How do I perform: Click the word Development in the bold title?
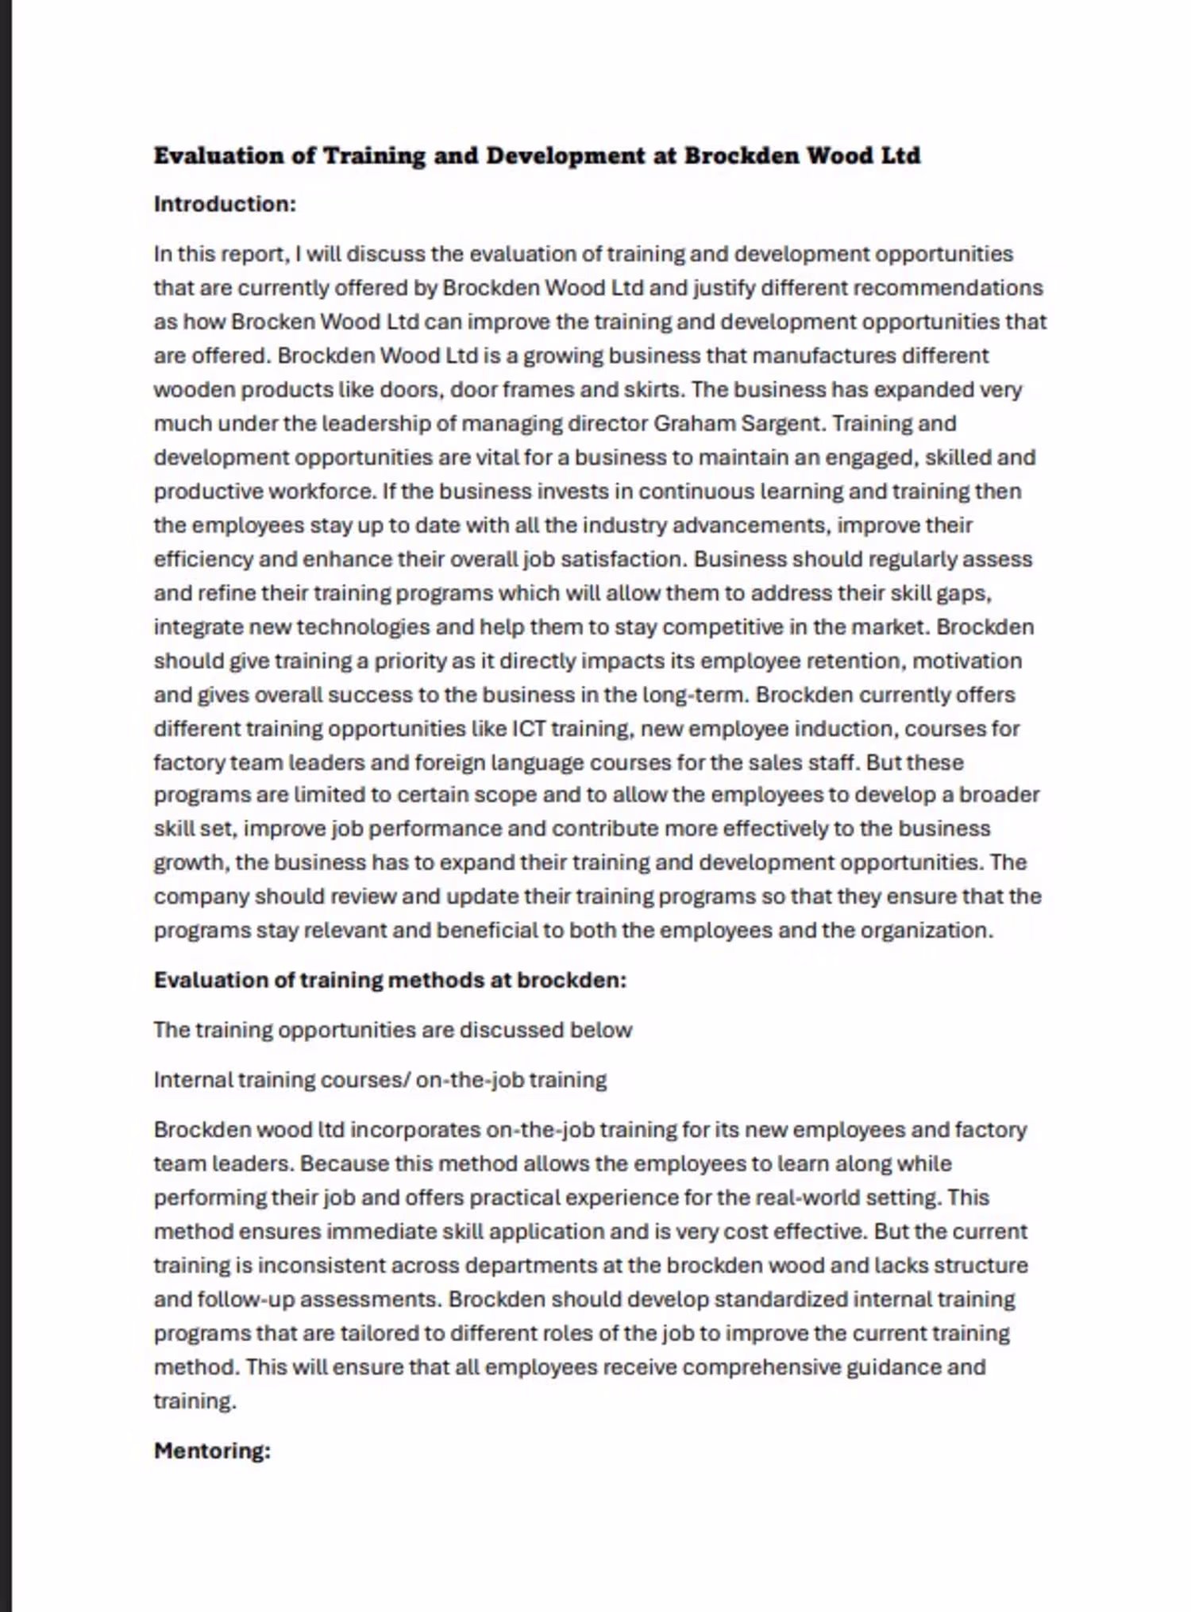pyautogui.click(x=565, y=156)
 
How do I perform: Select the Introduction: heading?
pyautogui.click(x=225, y=204)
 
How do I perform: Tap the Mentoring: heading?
pyautogui.click(x=212, y=1451)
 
